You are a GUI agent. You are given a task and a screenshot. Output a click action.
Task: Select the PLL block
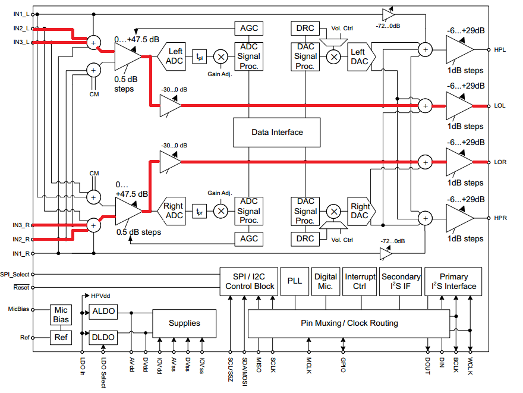click(x=295, y=281)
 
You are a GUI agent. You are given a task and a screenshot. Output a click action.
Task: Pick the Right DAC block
click(x=360, y=212)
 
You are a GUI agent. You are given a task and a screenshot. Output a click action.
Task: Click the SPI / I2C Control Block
click(x=250, y=281)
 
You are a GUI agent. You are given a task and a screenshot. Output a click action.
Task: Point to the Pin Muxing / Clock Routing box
click(x=349, y=323)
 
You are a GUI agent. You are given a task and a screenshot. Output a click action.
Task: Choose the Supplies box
click(x=184, y=323)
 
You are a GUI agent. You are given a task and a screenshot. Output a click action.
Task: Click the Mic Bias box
click(x=61, y=315)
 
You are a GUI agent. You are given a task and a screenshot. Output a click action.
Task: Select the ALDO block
click(x=103, y=312)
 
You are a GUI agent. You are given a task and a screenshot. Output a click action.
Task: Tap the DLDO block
click(x=103, y=337)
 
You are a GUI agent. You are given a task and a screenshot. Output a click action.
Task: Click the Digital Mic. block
click(x=326, y=281)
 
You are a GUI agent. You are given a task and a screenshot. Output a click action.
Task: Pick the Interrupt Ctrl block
click(x=360, y=281)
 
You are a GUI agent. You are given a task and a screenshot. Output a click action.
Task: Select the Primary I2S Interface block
click(x=453, y=281)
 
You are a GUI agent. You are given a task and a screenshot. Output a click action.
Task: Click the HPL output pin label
click(x=500, y=49)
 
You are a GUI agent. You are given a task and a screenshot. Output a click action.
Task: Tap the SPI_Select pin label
click(x=15, y=274)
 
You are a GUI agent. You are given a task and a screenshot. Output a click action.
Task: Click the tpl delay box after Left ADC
click(x=199, y=57)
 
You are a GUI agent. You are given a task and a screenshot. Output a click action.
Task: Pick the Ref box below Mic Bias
click(x=61, y=338)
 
